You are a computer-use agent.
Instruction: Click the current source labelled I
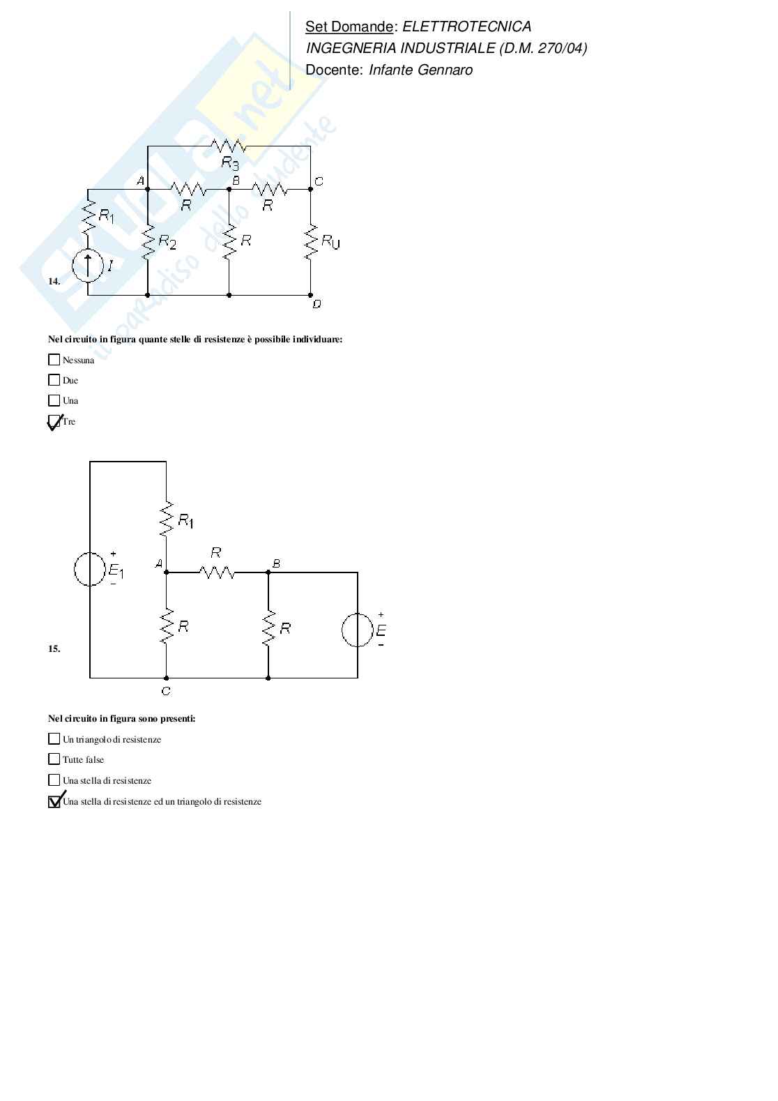point(88,266)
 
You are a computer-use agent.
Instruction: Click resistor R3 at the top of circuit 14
point(229,146)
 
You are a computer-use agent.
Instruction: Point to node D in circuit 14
point(311,295)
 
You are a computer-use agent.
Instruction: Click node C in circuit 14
point(311,188)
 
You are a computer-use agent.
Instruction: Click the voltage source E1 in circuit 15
point(90,569)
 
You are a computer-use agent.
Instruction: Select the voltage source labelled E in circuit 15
point(358,630)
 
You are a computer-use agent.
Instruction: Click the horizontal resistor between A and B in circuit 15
point(217,572)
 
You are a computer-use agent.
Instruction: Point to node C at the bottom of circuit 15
point(166,678)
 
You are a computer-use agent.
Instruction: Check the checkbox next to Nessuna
point(54,360)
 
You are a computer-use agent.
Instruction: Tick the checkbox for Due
point(54,380)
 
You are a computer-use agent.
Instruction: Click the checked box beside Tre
point(54,421)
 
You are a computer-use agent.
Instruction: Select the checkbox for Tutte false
point(54,759)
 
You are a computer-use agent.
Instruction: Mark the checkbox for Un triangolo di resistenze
point(54,739)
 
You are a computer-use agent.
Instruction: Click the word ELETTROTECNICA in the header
point(467,26)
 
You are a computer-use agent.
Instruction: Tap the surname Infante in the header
point(393,70)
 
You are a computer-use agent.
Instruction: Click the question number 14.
point(54,282)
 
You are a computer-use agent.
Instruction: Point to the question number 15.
point(54,648)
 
